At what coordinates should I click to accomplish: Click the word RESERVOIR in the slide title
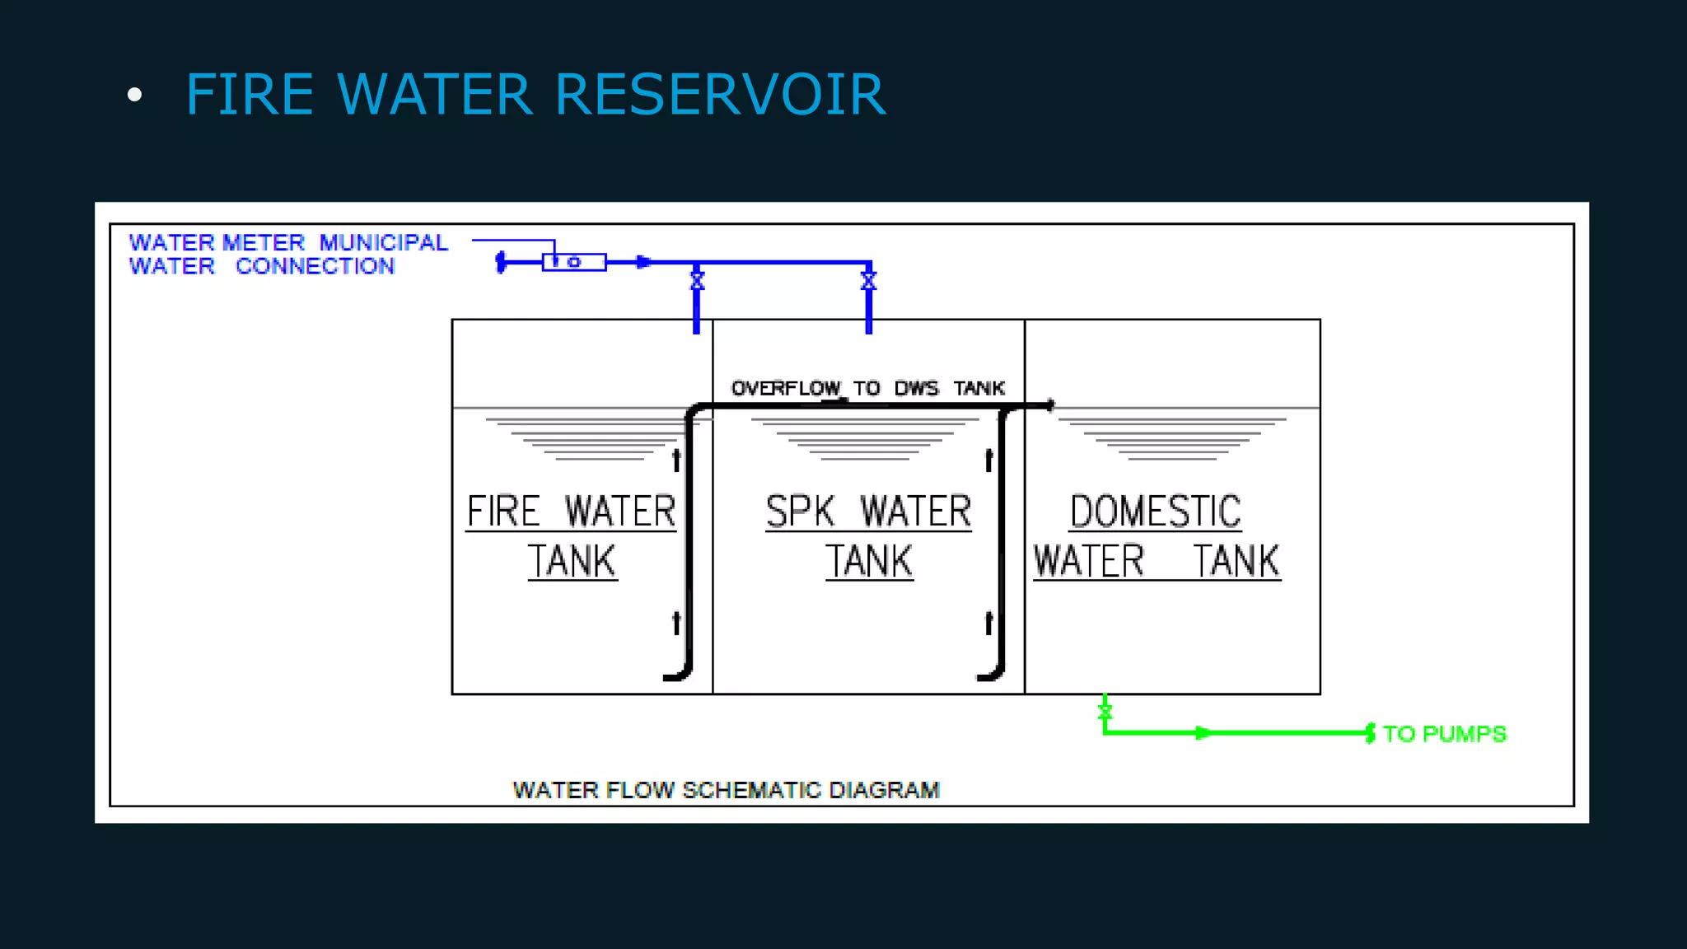(x=720, y=94)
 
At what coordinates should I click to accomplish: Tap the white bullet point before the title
(x=134, y=96)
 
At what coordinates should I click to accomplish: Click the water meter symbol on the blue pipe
(x=574, y=262)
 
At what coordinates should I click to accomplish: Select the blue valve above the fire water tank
(x=697, y=280)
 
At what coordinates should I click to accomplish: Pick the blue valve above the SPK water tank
(x=868, y=280)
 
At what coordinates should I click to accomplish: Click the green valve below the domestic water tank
(x=1105, y=711)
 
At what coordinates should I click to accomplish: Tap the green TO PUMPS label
(x=1444, y=734)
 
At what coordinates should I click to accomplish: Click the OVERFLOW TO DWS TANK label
(x=867, y=388)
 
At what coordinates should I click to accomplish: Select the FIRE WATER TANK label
(x=572, y=535)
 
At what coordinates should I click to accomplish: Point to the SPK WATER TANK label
(x=868, y=535)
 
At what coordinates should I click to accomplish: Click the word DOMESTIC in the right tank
(x=1155, y=512)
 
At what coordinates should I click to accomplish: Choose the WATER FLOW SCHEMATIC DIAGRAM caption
(x=726, y=790)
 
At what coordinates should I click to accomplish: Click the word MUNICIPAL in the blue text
(x=383, y=243)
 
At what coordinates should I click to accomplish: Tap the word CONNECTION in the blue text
(x=315, y=266)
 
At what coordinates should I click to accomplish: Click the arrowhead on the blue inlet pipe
(x=644, y=262)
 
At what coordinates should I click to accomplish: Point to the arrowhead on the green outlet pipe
(x=1203, y=732)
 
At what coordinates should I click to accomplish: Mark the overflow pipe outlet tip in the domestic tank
(x=1049, y=405)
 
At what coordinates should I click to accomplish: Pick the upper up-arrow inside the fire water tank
(x=676, y=459)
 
